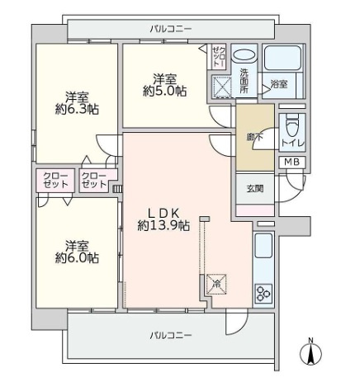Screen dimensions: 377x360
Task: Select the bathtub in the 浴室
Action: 282,60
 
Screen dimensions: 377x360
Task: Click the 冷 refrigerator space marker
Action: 216,284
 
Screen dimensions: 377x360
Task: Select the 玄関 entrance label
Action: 253,188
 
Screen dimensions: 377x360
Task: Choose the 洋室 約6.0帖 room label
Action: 78,252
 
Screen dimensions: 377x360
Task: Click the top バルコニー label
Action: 170,29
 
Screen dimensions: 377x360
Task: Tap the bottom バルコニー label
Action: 170,336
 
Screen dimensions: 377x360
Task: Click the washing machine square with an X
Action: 222,87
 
